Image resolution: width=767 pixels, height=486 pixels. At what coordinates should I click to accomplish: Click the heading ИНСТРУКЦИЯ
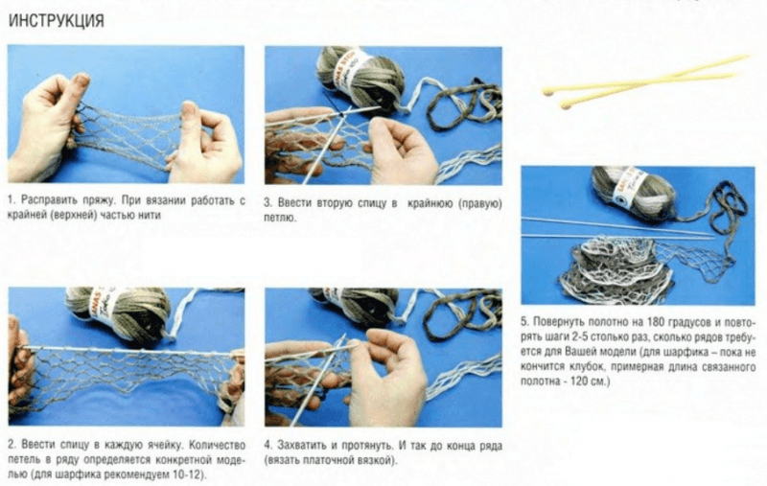pyautogui.click(x=57, y=20)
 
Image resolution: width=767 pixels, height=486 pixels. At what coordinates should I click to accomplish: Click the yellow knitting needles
pyautogui.click(x=644, y=81)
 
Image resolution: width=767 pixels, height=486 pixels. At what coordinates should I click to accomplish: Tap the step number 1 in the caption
pyautogui.click(x=11, y=200)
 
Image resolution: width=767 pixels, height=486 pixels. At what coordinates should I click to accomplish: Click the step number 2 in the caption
pyautogui.click(x=12, y=445)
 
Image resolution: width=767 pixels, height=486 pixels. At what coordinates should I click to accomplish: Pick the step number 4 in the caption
pyautogui.click(x=268, y=446)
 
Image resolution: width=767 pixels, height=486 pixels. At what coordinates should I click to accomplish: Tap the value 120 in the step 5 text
pyautogui.click(x=580, y=381)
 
